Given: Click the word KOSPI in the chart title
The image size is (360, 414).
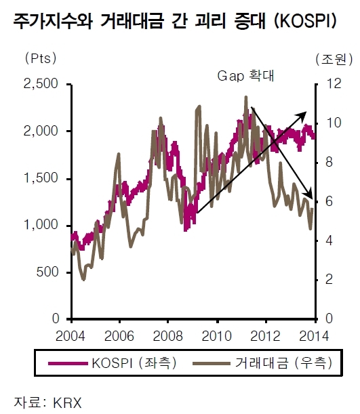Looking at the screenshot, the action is [305, 22].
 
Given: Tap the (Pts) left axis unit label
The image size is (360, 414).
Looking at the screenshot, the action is [41, 58].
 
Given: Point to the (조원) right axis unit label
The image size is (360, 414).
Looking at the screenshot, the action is [334, 59].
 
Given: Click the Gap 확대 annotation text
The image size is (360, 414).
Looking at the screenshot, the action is [245, 76].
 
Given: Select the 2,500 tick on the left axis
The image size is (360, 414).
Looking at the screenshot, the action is [41, 84].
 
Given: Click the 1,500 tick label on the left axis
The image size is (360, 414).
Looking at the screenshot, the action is [41, 178].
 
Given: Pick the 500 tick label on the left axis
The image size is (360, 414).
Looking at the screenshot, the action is [47, 272].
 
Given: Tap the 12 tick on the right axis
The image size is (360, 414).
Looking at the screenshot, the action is [334, 84].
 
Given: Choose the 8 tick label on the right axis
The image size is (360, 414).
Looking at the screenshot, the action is [329, 162].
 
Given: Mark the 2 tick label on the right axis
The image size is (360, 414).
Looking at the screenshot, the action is [329, 279].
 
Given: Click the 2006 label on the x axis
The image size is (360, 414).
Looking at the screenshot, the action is [119, 336].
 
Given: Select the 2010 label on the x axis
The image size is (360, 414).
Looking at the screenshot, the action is [216, 336].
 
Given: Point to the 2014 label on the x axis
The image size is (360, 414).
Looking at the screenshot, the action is [314, 336].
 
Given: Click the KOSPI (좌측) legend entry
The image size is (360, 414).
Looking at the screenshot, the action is [113, 363].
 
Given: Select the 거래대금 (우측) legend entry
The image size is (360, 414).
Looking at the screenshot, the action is [262, 363].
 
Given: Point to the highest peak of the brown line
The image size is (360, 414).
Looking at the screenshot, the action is [246, 97].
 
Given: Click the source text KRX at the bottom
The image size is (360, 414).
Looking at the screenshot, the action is [67, 403].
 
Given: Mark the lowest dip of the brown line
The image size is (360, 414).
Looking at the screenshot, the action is [83, 280].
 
